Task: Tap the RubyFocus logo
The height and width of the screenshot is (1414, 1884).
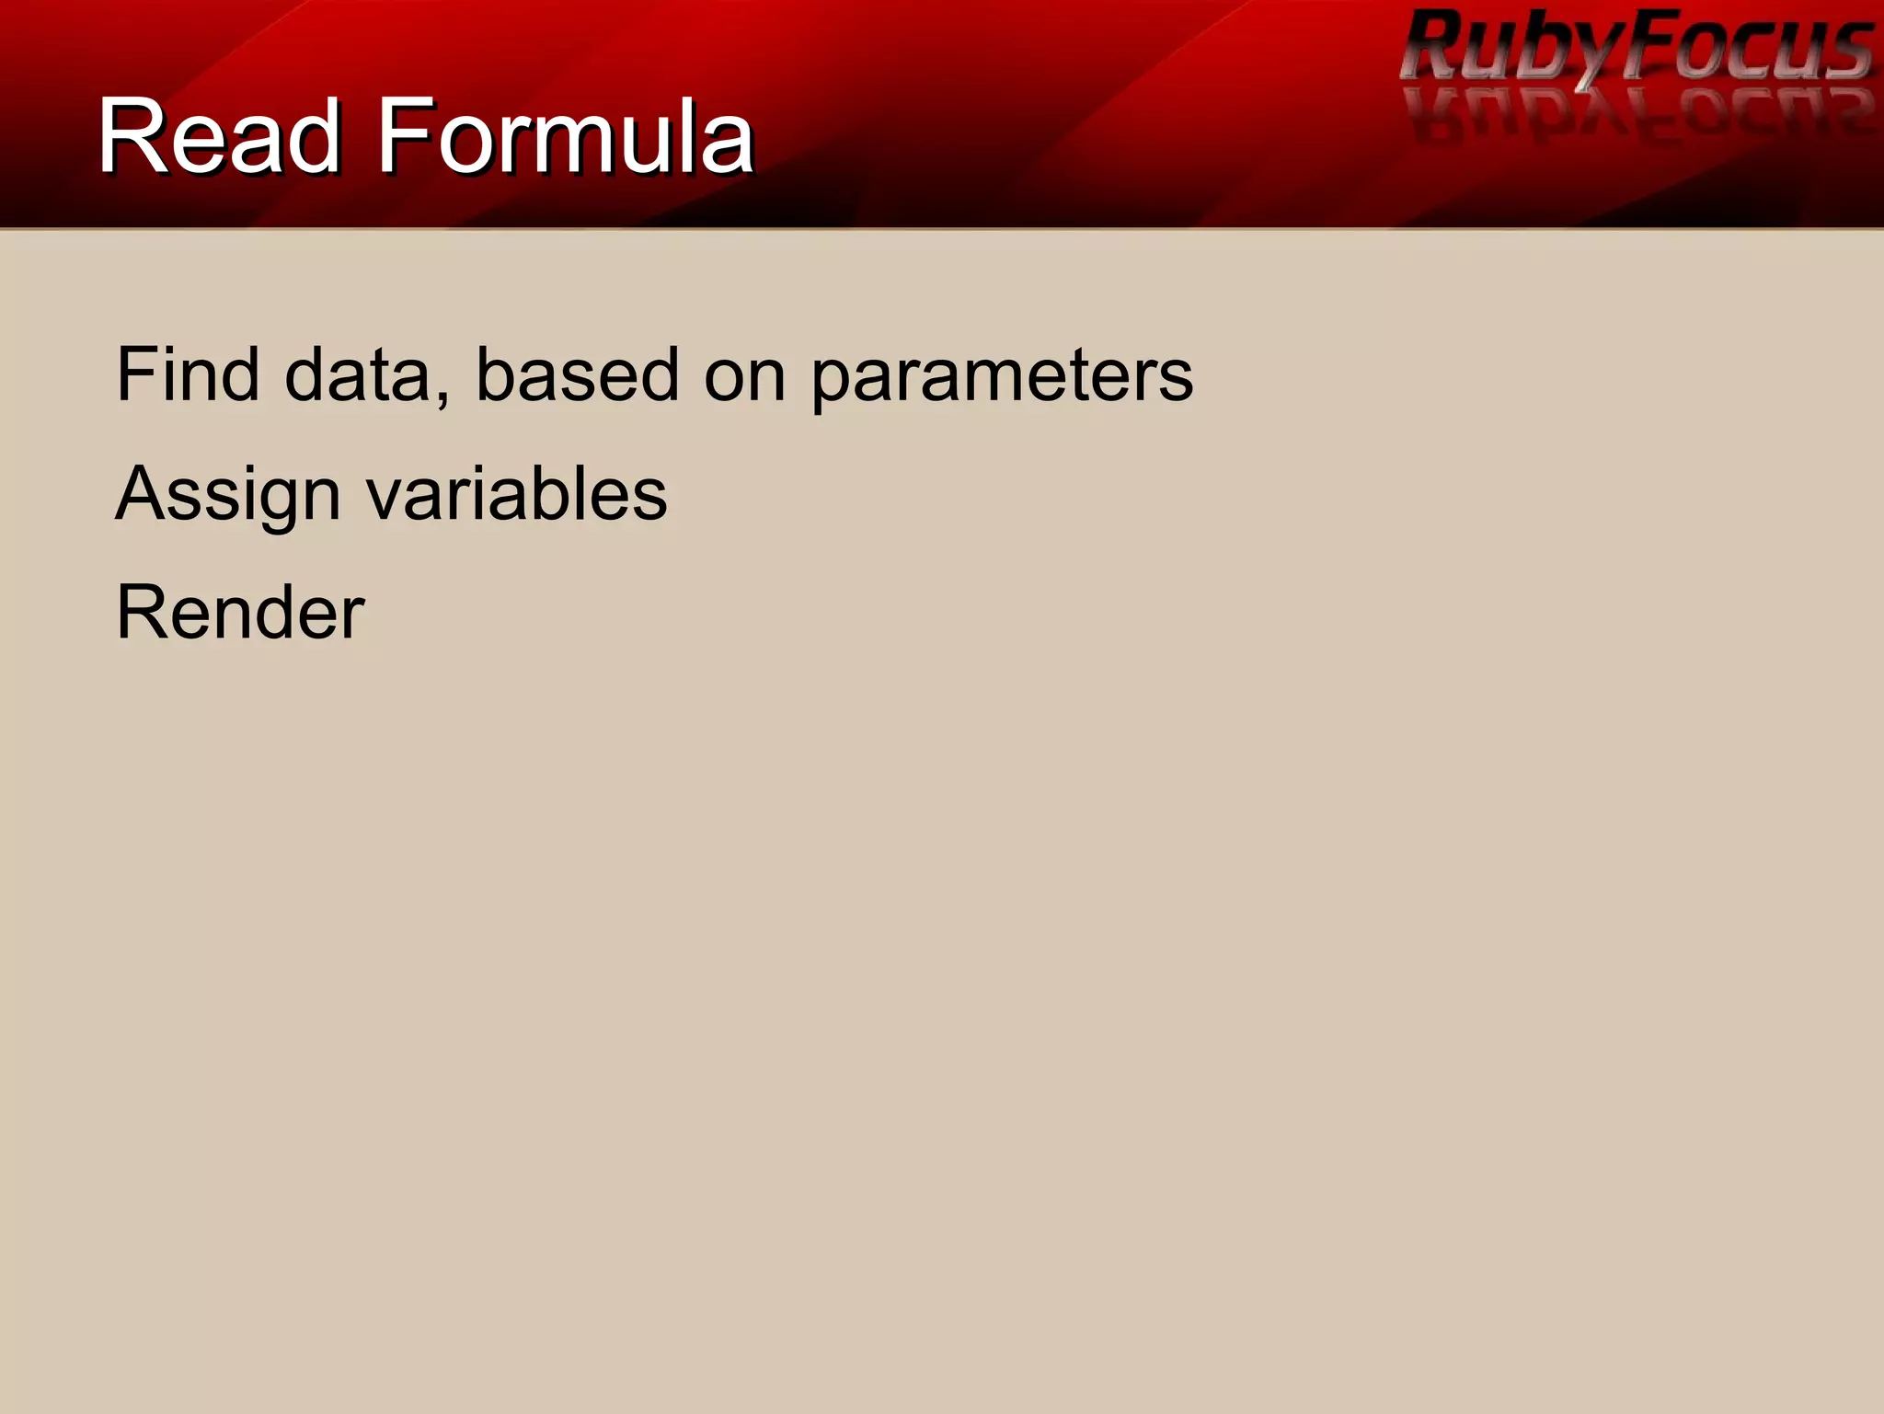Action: coord(1636,46)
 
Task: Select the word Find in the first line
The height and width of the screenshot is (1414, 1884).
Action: coord(188,374)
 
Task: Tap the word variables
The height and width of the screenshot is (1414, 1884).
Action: coord(516,494)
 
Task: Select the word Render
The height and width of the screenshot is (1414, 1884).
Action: coord(240,613)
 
